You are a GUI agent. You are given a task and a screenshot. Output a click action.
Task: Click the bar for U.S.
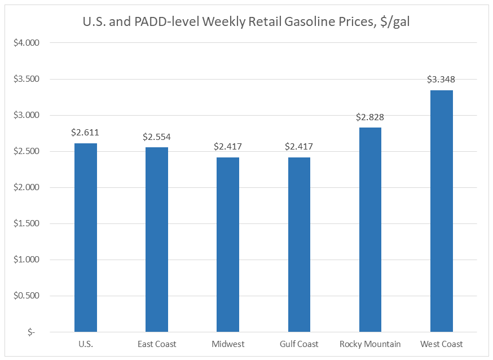coord(86,238)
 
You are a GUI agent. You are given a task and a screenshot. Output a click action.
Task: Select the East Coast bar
coord(157,239)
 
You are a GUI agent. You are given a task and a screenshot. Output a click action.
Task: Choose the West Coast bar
coord(441,211)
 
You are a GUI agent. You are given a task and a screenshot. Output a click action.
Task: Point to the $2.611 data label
coord(85,133)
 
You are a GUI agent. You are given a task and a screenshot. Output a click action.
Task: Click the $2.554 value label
coord(157,137)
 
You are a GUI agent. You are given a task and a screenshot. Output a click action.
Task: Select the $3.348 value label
coord(441,79)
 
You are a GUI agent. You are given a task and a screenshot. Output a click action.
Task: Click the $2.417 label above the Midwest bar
coord(228,147)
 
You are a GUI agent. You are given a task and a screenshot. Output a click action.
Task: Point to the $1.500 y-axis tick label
coord(25,223)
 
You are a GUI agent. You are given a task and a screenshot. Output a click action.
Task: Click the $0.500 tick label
coord(25,296)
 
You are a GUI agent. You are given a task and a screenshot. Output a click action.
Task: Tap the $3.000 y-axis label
coord(25,115)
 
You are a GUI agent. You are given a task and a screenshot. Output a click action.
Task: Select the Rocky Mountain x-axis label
coord(370,344)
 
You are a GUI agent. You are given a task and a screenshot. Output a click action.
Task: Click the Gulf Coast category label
coord(299,344)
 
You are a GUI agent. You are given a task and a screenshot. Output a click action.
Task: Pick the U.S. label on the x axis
coord(86,344)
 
